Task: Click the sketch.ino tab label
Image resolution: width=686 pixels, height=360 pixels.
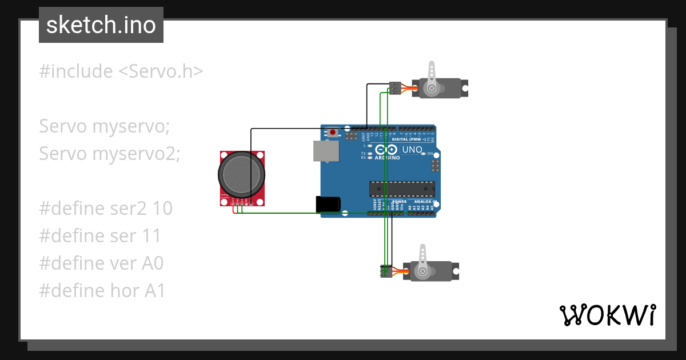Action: [101, 25]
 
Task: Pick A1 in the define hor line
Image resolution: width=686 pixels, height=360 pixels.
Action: [154, 291]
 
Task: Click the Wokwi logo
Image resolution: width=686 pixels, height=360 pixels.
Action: [607, 315]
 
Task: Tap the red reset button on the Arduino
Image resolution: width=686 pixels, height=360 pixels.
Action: [333, 133]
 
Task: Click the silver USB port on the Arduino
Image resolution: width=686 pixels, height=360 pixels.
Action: [325, 151]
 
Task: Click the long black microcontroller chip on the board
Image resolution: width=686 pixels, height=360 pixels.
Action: [402, 189]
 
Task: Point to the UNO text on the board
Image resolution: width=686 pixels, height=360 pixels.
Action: [412, 150]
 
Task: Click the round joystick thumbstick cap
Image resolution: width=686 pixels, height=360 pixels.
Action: [241, 174]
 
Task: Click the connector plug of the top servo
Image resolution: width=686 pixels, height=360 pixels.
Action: [395, 88]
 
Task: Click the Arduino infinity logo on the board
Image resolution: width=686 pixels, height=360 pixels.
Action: [388, 150]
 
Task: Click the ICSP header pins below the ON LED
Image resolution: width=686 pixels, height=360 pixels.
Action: [435, 166]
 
